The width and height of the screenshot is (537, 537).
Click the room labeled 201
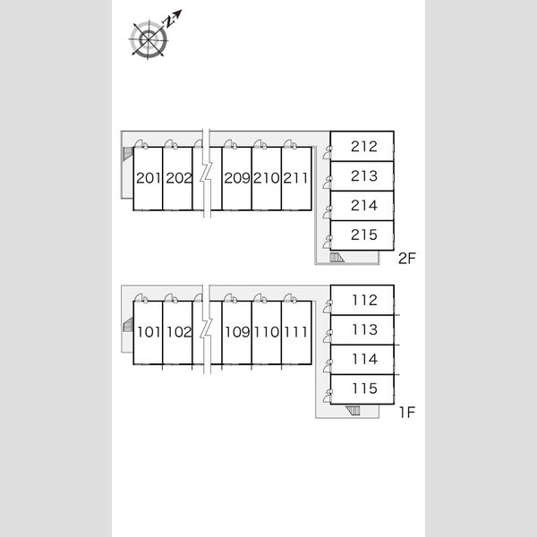(x=148, y=178)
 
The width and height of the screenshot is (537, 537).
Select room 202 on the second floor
(x=177, y=178)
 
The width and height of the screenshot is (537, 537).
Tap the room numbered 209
(x=236, y=178)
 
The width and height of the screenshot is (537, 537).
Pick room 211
(x=296, y=178)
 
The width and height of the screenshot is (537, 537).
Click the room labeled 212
(x=362, y=146)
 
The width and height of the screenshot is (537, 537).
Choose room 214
(x=362, y=206)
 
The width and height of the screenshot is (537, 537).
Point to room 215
(x=362, y=235)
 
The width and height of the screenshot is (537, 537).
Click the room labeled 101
(x=148, y=333)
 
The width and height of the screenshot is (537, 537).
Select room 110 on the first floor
(x=267, y=333)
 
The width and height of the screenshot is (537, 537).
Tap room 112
(x=362, y=300)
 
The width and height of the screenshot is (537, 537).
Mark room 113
(x=362, y=329)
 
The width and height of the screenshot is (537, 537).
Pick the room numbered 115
(x=362, y=389)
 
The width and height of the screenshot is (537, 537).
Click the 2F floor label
(x=407, y=259)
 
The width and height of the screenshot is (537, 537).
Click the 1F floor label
(x=407, y=412)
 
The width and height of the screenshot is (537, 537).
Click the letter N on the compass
(x=168, y=22)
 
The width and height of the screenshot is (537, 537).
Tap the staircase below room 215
(x=337, y=258)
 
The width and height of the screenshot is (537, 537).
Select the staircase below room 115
(x=353, y=410)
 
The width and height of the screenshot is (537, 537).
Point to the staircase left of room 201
(x=128, y=154)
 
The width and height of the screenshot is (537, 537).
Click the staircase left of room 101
(x=128, y=324)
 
